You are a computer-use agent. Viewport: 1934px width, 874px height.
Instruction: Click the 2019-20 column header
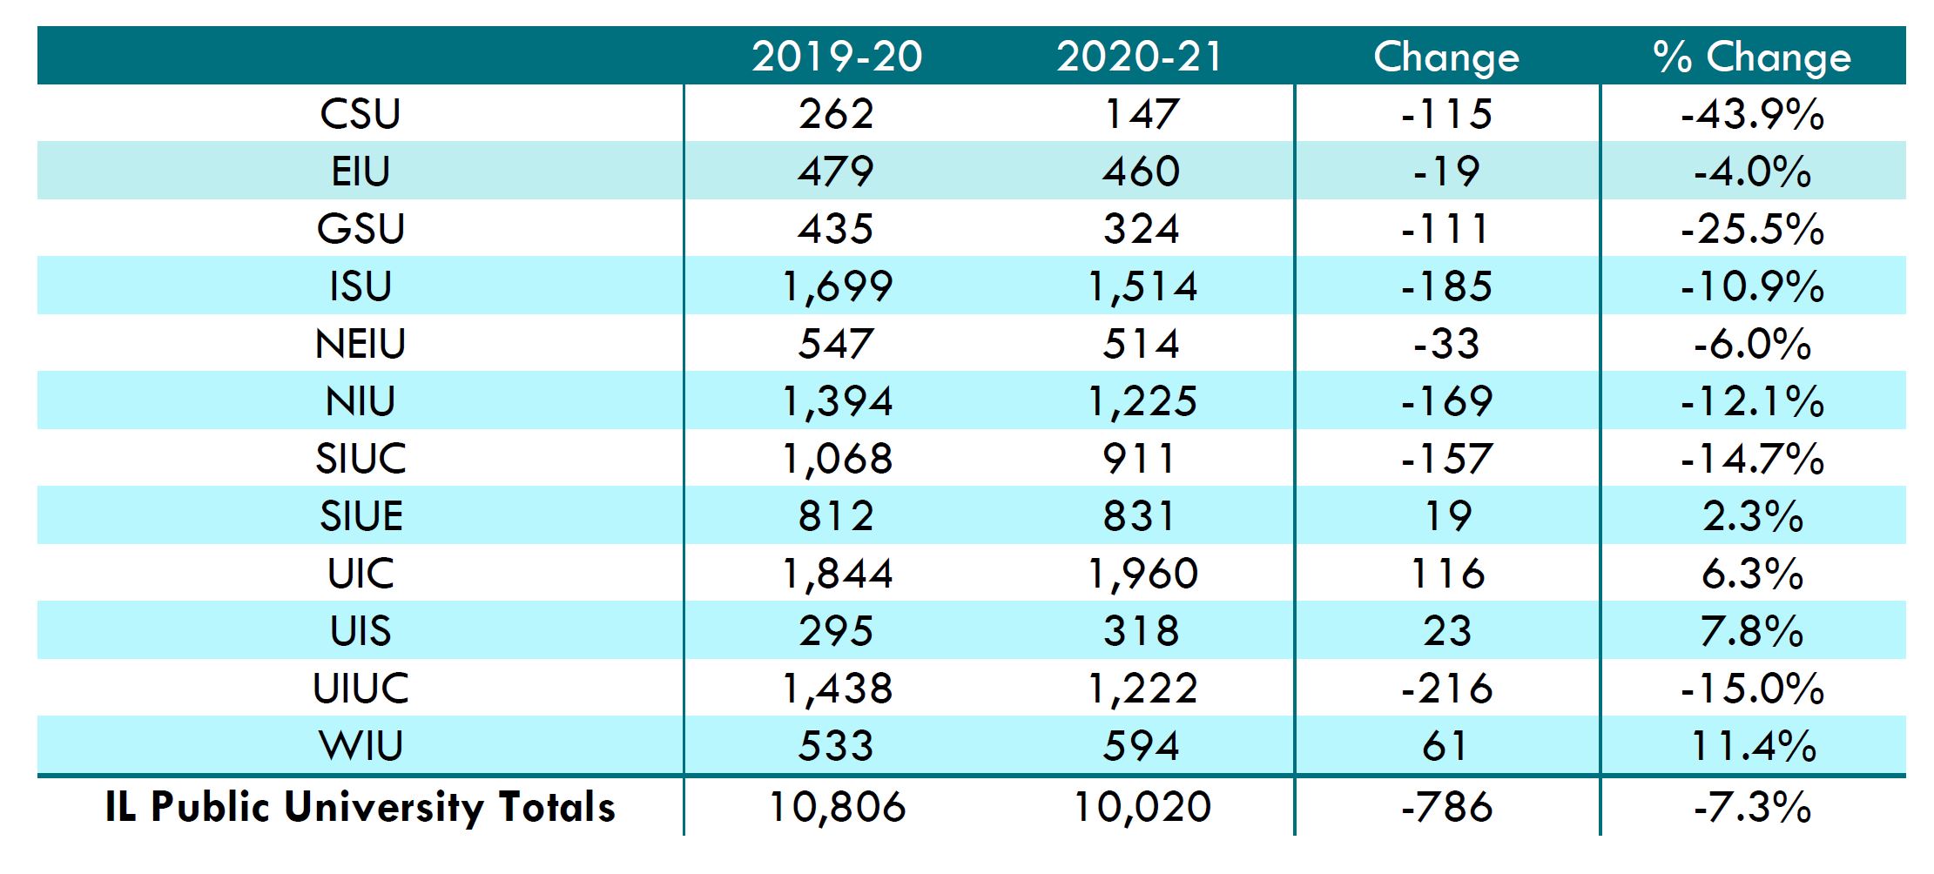click(837, 57)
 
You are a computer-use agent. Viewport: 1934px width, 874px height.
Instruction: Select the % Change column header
click(1752, 57)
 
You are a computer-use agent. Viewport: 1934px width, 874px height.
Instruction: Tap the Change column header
click(1446, 57)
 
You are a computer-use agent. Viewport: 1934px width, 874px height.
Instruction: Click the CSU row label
click(361, 114)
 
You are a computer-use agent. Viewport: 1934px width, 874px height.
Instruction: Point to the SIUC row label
click(361, 459)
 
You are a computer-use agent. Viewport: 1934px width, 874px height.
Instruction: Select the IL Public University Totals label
click(361, 807)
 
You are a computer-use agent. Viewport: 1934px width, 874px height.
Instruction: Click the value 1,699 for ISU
click(837, 286)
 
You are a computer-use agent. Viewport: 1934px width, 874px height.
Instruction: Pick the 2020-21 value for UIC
click(1142, 574)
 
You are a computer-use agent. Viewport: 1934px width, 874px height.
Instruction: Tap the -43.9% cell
click(1752, 114)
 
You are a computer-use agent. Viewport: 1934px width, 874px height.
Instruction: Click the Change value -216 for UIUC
click(1446, 689)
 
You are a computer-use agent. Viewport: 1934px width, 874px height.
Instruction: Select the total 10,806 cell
click(837, 807)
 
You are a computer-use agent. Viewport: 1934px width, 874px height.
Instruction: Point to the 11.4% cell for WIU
click(1752, 746)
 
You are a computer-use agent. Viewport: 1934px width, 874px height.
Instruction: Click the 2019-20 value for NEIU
click(837, 344)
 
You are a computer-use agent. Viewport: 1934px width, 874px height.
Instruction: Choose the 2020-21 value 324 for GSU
click(1142, 229)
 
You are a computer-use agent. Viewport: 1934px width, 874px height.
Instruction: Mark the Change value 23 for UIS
click(1446, 631)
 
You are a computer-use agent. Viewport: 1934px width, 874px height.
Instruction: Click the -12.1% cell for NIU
click(1752, 401)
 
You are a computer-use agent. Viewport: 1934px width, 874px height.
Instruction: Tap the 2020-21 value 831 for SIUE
click(1142, 516)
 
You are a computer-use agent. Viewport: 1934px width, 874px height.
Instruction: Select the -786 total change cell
click(1446, 807)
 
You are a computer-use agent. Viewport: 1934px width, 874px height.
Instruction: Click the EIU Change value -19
click(1446, 171)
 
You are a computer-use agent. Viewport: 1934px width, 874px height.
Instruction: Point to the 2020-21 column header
click(1142, 57)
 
